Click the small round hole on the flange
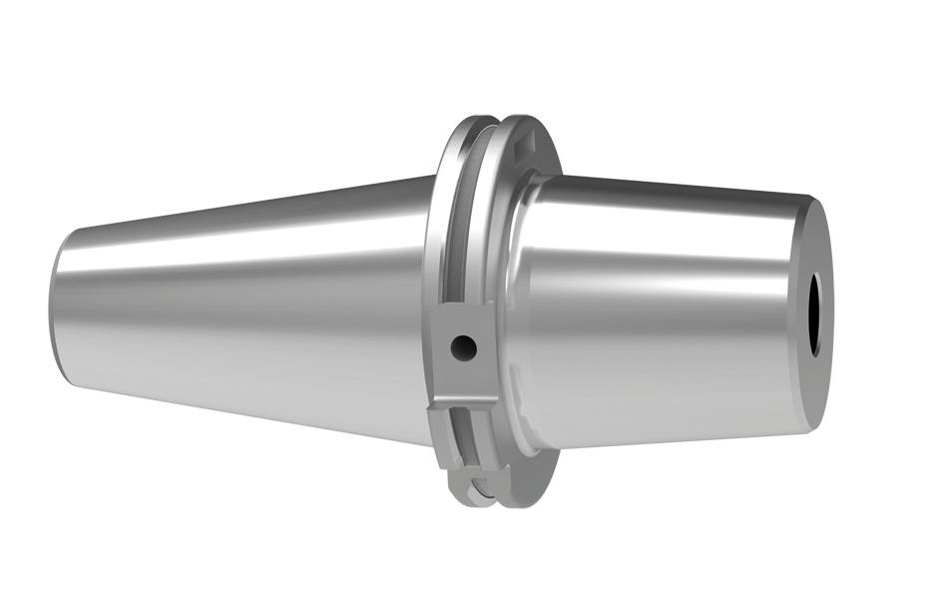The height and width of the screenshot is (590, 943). click(x=462, y=347)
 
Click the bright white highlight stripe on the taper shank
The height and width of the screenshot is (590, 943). click(x=249, y=250)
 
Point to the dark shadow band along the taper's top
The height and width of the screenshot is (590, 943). click(x=249, y=205)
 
